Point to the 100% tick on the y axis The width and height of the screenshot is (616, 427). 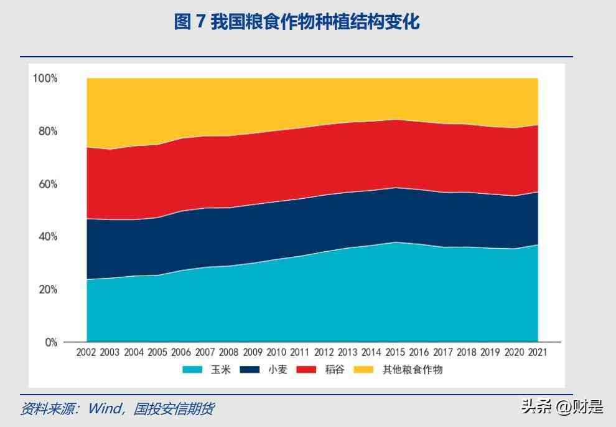coord(45,79)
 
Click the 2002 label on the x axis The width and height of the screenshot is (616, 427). coord(86,353)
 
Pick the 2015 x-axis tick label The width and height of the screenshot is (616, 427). coord(395,353)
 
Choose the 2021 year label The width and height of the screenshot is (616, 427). coord(538,353)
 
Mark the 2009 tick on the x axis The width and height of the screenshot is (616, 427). coord(253,353)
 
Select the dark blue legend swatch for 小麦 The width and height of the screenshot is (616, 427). coord(250,370)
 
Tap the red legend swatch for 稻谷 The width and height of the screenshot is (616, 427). coord(305,370)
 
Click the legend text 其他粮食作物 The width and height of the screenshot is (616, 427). coord(412,370)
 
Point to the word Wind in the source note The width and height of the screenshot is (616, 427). coord(104,409)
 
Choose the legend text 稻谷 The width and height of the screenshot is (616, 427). coord(333,370)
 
